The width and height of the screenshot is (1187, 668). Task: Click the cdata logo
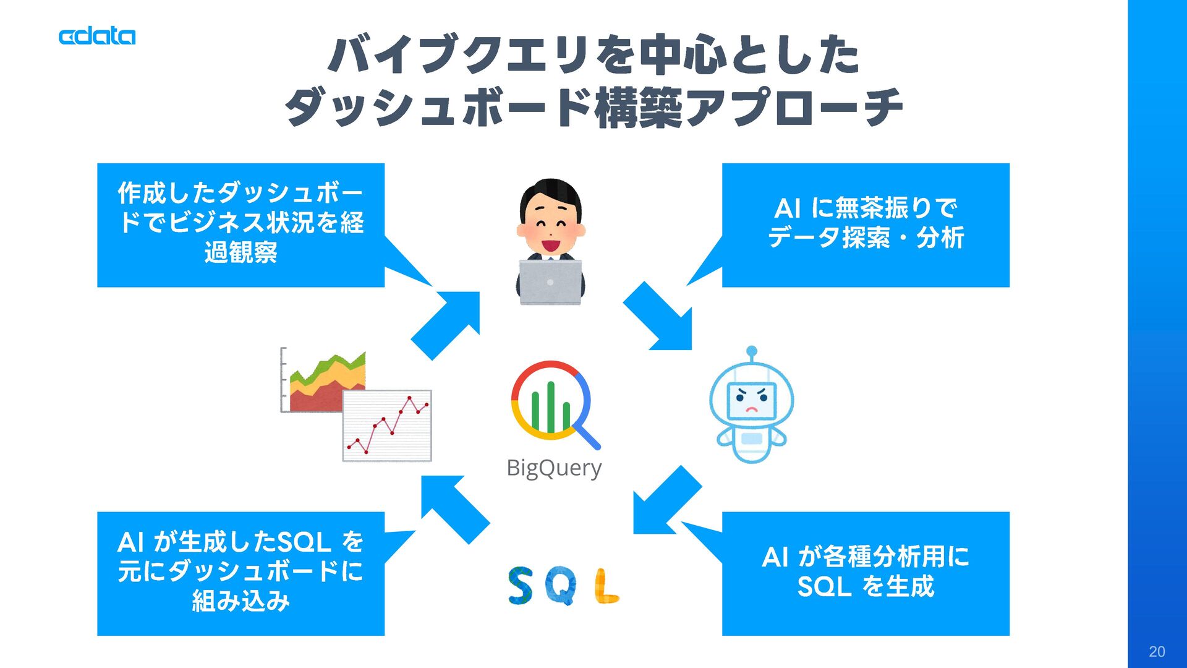click(97, 36)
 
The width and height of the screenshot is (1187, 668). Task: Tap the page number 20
click(1157, 651)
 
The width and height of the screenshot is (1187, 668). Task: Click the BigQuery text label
click(554, 468)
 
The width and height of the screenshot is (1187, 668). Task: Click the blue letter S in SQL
click(521, 585)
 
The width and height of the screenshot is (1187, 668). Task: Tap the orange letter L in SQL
click(606, 586)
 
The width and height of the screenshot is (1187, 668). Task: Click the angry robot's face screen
click(751, 401)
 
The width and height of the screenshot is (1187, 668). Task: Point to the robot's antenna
click(752, 353)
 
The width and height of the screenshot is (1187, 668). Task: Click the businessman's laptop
click(550, 282)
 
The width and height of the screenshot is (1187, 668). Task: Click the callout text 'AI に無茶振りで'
click(866, 208)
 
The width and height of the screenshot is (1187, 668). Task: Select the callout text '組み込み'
click(240, 601)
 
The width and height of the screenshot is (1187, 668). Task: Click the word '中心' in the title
click(683, 55)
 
